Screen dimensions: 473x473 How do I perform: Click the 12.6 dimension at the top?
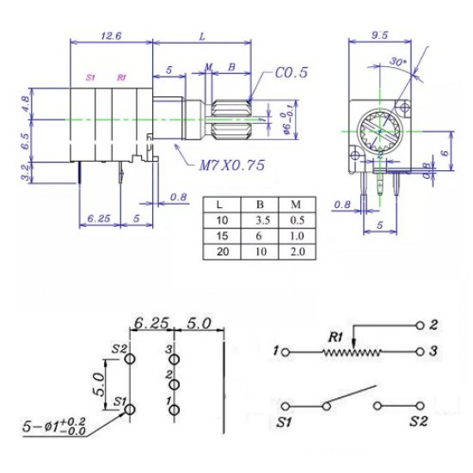tap(111, 36)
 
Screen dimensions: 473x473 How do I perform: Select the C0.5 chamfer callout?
tap(292, 74)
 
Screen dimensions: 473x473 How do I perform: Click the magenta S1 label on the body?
tap(90, 77)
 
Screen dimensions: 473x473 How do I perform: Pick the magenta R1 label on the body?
tap(121, 77)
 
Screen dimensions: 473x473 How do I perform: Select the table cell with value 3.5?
tap(261, 221)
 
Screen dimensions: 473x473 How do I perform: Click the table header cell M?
tap(297, 206)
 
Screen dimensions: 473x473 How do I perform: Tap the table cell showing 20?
tap(223, 252)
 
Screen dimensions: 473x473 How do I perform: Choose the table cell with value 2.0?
tap(297, 252)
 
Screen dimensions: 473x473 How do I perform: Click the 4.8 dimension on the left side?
tap(26, 104)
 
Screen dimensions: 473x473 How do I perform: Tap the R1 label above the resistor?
tap(335, 336)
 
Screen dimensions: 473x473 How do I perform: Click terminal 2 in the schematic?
tap(420, 325)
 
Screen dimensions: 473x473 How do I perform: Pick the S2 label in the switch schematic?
tap(419, 422)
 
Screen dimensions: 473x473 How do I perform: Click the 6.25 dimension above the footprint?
tap(151, 326)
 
